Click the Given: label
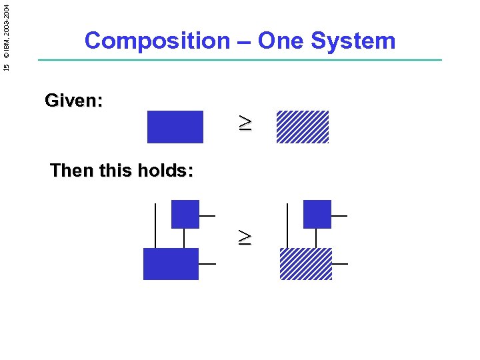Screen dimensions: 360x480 click(x=73, y=101)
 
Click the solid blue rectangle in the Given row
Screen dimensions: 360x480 click(x=175, y=127)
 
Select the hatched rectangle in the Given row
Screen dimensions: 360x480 click(x=303, y=127)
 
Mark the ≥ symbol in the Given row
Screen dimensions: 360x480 click(x=246, y=123)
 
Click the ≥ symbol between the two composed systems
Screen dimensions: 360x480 click(x=246, y=237)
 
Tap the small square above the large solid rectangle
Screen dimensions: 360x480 click(x=185, y=214)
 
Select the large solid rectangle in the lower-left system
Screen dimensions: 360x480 click(x=171, y=263)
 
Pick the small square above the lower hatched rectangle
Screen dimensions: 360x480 click(x=317, y=214)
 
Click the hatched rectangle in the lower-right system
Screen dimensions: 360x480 click(x=305, y=263)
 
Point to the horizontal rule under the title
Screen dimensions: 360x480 click(x=240, y=61)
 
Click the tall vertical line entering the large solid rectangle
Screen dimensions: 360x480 click(x=155, y=225)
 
